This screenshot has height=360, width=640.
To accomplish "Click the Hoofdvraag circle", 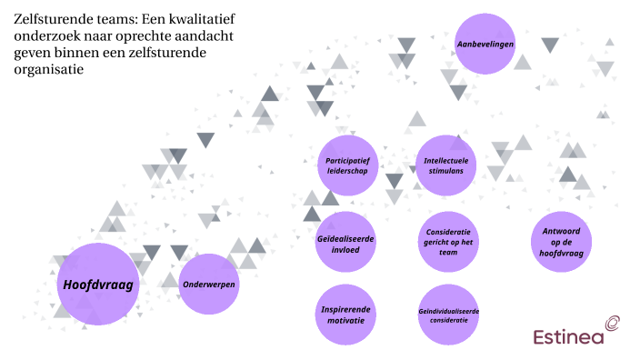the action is [x=97, y=285].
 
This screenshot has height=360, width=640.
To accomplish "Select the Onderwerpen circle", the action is [x=210, y=285].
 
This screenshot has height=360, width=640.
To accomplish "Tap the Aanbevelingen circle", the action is [x=485, y=45].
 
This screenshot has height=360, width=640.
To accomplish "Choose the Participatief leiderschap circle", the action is [x=348, y=165].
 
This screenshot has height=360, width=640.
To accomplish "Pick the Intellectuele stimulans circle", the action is [x=445, y=165].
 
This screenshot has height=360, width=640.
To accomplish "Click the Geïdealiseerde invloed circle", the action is [x=345, y=244].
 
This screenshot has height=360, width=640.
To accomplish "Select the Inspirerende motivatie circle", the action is [x=345, y=315].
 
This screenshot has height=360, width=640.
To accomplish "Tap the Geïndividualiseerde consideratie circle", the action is [x=448, y=315].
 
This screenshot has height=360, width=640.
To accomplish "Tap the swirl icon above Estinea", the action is [x=613, y=321].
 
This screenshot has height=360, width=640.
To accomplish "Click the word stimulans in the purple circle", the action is [x=445, y=171].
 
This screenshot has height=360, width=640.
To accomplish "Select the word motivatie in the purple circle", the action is [x=345, y=321].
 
